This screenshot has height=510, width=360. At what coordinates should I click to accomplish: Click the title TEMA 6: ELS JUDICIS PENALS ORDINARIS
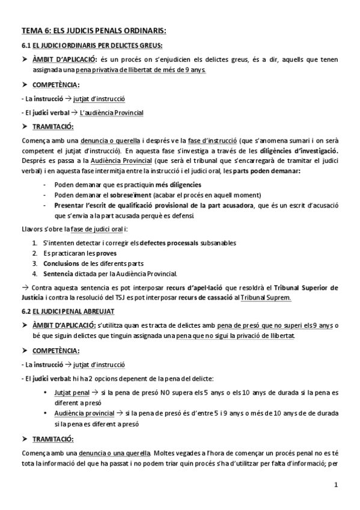94,30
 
